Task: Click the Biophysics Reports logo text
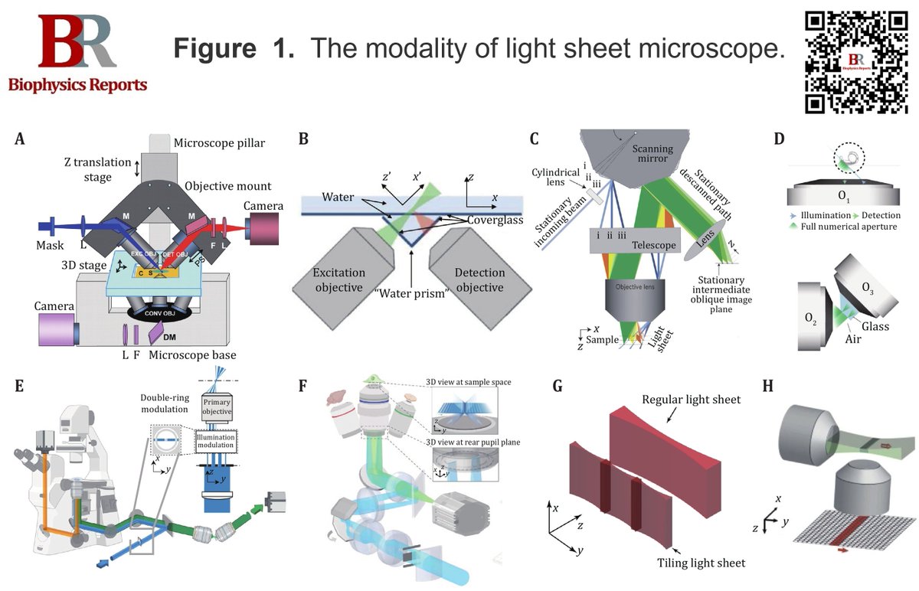coord(77,85)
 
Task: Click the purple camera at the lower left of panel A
coord(58,331)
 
